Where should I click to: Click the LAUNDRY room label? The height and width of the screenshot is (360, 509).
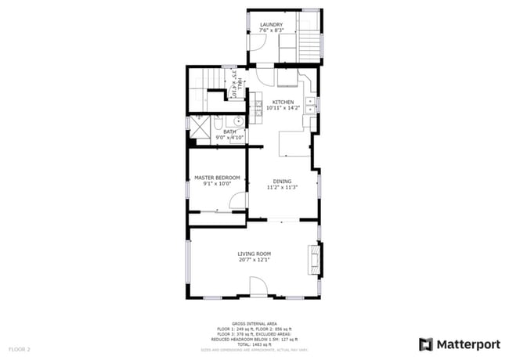coord(271,25)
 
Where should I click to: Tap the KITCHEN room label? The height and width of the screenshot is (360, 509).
coord(283,103)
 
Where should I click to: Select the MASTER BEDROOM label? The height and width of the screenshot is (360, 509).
coord(217,178)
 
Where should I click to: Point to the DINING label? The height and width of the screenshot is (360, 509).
coord(282,182)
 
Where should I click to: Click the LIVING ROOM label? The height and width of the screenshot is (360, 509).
coord(254,254)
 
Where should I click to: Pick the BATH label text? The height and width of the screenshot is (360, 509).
coord(229,131)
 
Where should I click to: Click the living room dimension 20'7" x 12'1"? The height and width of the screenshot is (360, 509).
coord(254,260)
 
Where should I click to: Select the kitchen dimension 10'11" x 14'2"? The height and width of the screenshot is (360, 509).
coord(283,109)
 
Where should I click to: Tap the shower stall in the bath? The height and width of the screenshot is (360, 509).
coord(200,127)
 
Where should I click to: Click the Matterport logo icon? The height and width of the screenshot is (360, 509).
coord(426,344)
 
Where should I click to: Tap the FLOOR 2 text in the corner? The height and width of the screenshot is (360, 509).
coord(20,348)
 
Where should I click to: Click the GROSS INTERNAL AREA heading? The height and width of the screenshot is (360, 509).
coord(254,322)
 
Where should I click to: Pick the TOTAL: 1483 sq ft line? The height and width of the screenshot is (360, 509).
coord(254,344)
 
